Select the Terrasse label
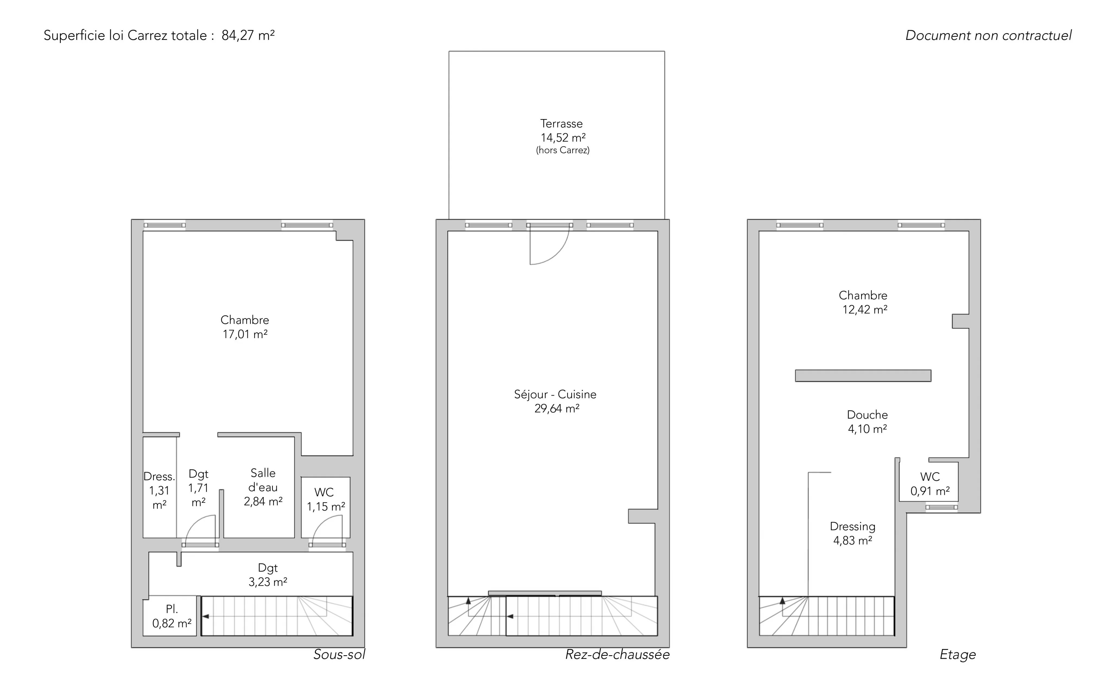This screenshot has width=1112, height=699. pos(561,123)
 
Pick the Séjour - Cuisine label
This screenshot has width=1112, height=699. pos(555,394)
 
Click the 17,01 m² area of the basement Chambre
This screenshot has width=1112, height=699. pos(245,334)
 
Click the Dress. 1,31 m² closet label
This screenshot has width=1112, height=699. pos(159,491)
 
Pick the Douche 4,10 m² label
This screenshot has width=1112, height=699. pos(867,422)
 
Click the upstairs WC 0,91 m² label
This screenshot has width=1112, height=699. pos(930,483)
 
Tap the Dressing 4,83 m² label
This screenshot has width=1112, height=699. pos(852,533)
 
